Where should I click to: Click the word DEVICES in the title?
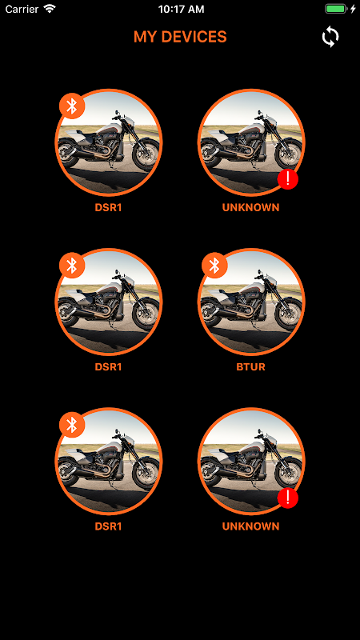pyautogui.click(x=194, y=37)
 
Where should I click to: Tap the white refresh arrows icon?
pyautogui.click(x=330, y=37)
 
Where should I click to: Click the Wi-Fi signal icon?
pyautogui.click(x=50, y=9)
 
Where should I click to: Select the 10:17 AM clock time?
pyautogui.click(x=182, y=9)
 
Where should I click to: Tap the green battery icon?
pyautogui.click(x=336, y=9)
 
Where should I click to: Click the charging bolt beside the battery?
pyautogui.click(x=353, y=9)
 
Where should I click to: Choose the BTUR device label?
pyautogui.click(x=250, y=366)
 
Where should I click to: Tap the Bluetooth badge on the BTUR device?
pyautogui.click(x=214, y=266)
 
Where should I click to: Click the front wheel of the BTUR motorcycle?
pyautogui.click(x=288, y=313)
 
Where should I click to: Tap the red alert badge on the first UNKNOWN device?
pyautogui.click(x=288, y=178)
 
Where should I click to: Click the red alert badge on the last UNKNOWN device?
pyautogui.click(x=288, y=498)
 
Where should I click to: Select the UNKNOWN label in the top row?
pyautogui.click(x=250, y=207)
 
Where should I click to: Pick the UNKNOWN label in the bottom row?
pyautogui.click(x=250, y=526)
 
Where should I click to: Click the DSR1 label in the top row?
pyautogui.click(x=108, y=207)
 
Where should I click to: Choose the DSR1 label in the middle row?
pyautogui.click(x=108, y=366)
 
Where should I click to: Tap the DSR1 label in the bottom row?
pyautogui.click(x=108, y=526)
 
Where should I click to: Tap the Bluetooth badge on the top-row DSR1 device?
pyautogui.click(x=72, y=106)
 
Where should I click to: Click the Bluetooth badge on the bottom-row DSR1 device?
pyautogui.click(x=72, y=425)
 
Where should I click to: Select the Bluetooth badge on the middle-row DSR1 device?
pyautogui.click(x=72, y=266)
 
